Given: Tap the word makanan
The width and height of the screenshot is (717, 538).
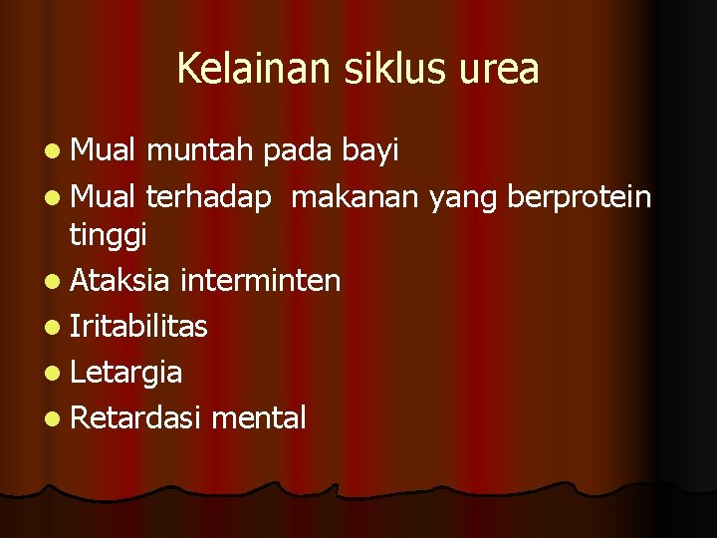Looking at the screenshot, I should tap(356, 197).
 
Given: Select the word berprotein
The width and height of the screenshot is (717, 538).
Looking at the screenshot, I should tap(580, 197).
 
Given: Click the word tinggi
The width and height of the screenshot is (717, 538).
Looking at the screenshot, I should tap(109, 236).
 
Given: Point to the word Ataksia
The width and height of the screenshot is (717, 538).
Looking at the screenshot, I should tap(120, 281).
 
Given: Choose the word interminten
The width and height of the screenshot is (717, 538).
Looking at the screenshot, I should tap(261, 281).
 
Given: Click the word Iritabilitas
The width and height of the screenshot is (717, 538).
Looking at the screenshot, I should tap(139, 326).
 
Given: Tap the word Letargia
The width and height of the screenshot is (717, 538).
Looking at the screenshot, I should tap(126, 373).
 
